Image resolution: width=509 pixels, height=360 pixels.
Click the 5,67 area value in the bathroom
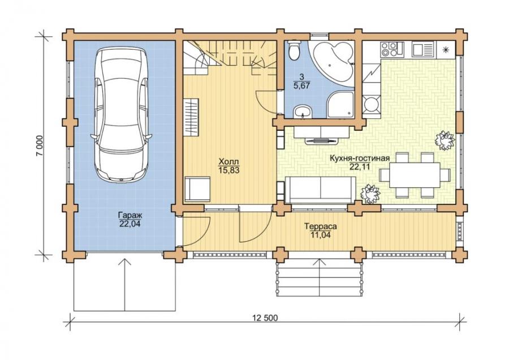click(x=301, y=86)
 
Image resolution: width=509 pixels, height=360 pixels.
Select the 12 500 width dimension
click(x=265, y=318)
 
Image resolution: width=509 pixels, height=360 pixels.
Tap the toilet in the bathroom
click(x=294, y=50)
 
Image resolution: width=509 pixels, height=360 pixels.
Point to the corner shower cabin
click(x=340, y=104)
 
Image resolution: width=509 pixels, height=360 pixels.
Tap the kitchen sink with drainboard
click(x=422, y=49)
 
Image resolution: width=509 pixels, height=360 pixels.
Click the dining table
click(x=415, y=175)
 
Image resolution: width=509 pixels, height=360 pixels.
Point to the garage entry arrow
click(x=124, y=285)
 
